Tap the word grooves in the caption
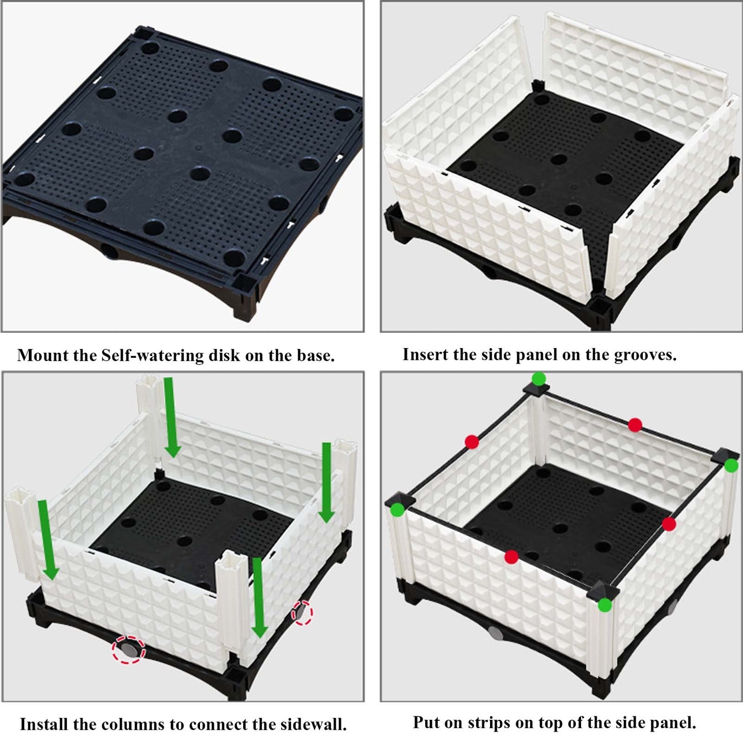(645, 355)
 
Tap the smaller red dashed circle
(302, 612)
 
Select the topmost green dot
(539, 378)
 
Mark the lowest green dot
(605, 605)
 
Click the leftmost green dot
(397, 510)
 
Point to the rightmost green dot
(731, 466)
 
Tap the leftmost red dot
(472, 442)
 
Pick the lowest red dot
(511, 557)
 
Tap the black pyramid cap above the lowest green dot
(602, 590)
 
